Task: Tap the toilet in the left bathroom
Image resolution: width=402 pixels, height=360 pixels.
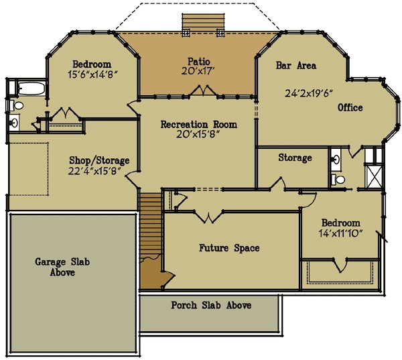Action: (18, 105)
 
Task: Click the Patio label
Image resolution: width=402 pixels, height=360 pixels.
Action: (199, 60)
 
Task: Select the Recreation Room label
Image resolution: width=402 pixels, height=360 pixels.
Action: (198, 124)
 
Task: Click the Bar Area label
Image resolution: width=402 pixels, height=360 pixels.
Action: (295, 66)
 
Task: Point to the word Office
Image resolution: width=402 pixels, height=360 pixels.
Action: (350, 107)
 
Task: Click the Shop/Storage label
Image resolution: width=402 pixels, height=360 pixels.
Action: (99, 160)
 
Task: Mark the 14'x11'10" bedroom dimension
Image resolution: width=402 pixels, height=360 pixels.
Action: (340, 233)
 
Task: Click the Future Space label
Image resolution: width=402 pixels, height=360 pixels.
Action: (229, 248)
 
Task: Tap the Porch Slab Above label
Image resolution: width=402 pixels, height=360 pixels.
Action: (211, 306)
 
